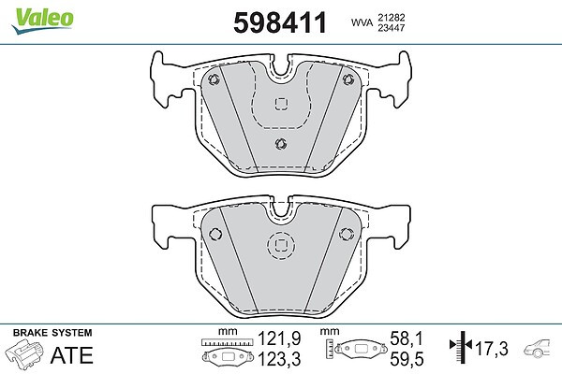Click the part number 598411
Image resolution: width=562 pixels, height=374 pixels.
(280, 22)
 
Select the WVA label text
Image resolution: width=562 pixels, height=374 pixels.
(362, 22)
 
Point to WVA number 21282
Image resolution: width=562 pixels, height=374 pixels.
(391, 17)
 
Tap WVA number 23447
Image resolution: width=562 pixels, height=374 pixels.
(391, 27)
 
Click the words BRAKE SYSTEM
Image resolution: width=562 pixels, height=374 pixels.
(52, 333)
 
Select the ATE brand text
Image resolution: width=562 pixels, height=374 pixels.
(72, 355)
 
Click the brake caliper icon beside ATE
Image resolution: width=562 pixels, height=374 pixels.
(24, 352)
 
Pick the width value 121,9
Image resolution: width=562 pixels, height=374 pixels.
(279, 338)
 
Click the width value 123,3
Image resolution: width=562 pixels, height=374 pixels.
(279, 359)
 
